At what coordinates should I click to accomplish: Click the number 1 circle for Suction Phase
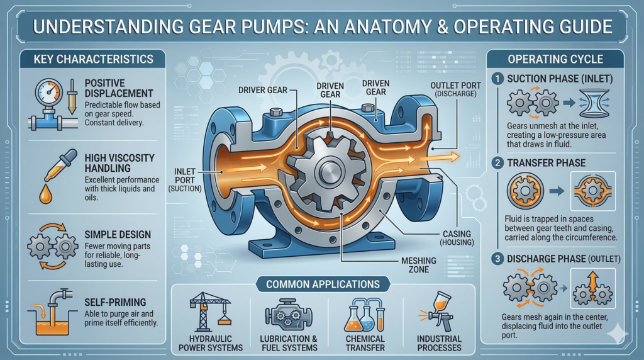[499, 80]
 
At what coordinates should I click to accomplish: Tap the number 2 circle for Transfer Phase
[499, 163]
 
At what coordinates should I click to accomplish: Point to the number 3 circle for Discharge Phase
[499, 258]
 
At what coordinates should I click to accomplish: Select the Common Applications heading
[322, 284]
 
